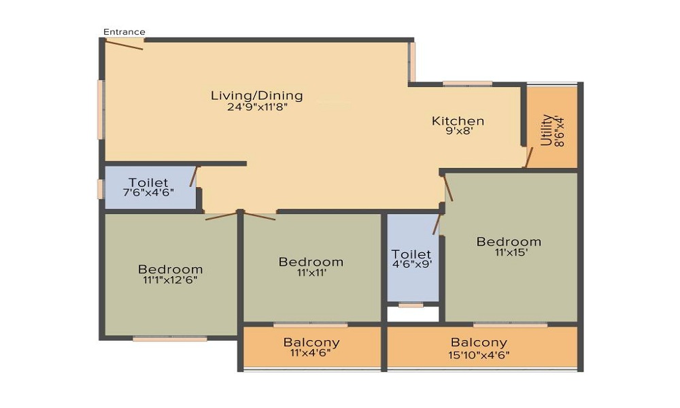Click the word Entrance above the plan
[124, 32]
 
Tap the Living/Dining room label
[257, 95]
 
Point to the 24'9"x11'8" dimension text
[258, 107]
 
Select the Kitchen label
[458, 120]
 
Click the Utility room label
[547, 130]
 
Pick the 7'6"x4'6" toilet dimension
[149, 192]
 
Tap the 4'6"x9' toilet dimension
[411, 264]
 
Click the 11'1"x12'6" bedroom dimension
[171, 280]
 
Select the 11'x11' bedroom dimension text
[311, 273]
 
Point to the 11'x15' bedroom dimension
[511, 252]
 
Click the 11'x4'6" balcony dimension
[311, 352]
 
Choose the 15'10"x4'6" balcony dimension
[479, 355]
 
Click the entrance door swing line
[124, 45]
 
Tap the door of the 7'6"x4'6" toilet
[193, 177]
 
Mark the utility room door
[528, 157]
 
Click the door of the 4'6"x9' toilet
[437, 224]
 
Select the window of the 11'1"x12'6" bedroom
[170, 339]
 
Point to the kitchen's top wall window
[468, 84]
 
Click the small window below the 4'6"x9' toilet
[411, 305]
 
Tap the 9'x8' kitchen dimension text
[458, 131]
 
